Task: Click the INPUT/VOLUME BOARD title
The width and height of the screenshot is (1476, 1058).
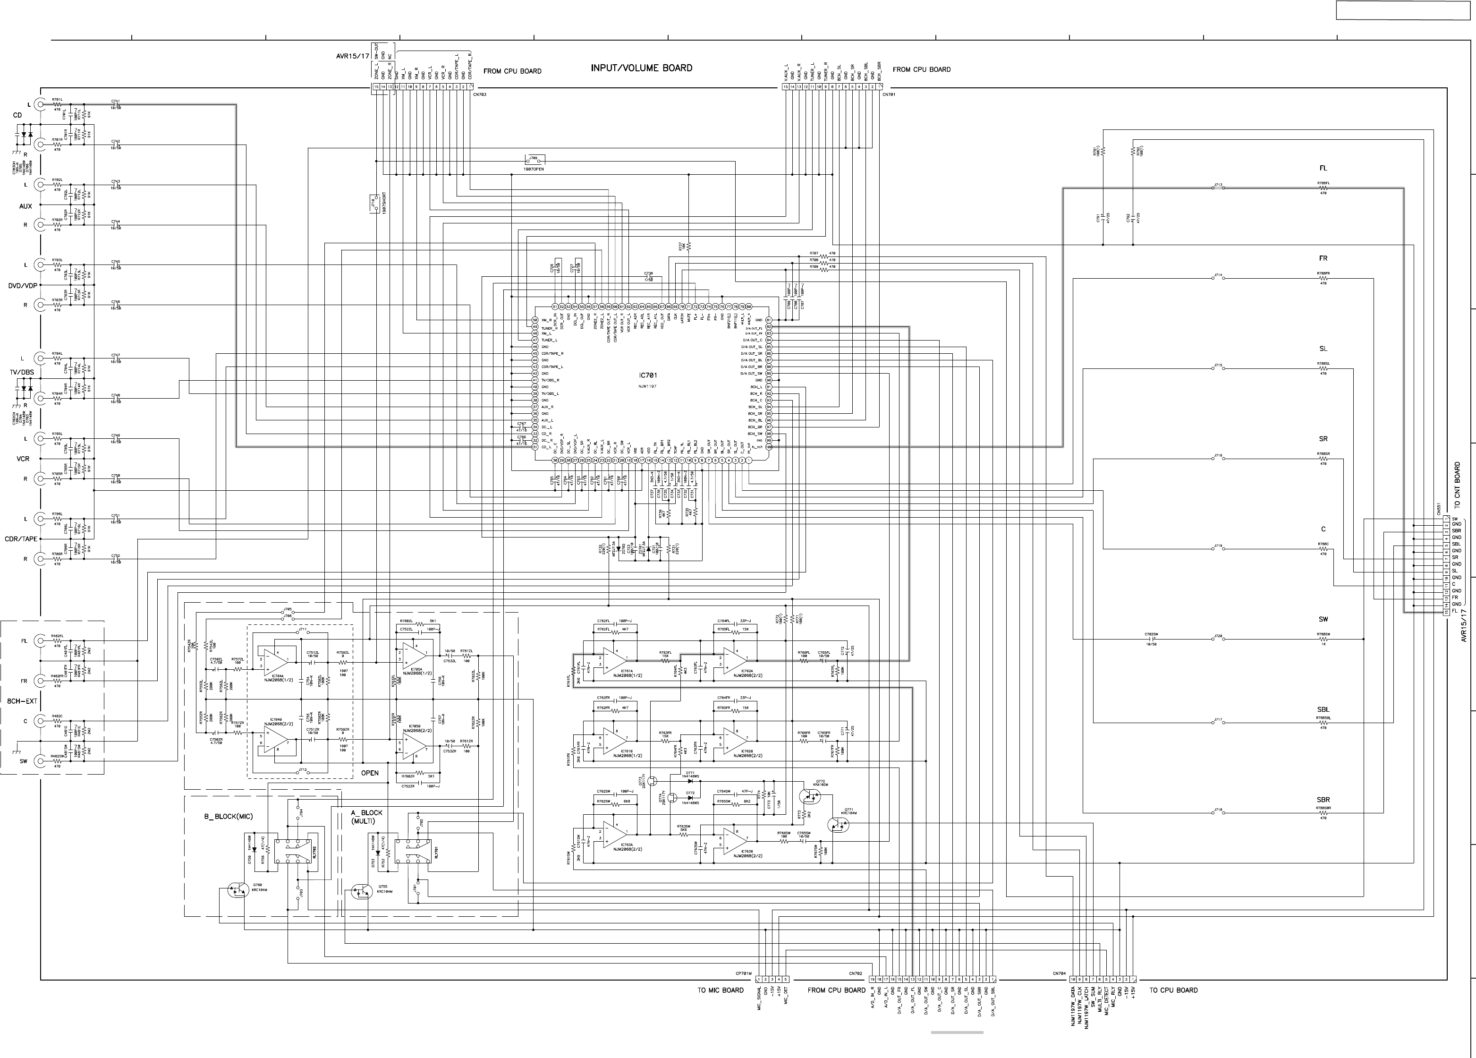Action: (x=641, y=68)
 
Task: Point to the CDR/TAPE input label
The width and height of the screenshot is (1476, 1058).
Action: (x=21, y=539)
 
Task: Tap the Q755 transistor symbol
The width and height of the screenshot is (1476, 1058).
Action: (x=360, y=891)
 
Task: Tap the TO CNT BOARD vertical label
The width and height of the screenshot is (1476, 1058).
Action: (x=1457, y=485)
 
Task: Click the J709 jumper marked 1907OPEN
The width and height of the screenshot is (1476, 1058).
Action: (x=534, y=160)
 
